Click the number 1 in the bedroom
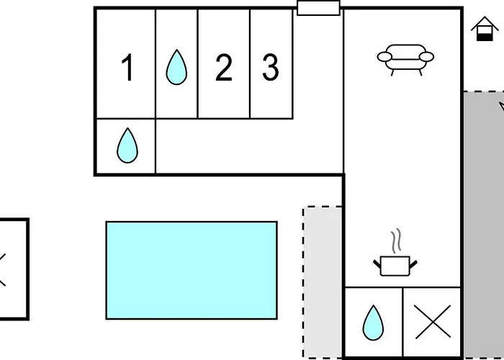tap(128, 68)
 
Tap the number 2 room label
tap(224, 68)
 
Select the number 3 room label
tap(271, 68)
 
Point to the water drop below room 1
tap(127, 145)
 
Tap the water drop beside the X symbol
tap(373, 323)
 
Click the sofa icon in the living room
tap(405, 60)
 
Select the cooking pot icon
tap(395, 266)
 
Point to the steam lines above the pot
tap(397, 240)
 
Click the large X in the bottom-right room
tap(432, 322)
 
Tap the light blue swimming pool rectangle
tap(192, 270)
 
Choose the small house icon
tap(485, 29)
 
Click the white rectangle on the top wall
tap(318, 8)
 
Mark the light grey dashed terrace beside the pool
tap(323, 282)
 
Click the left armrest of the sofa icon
tap(384, 57)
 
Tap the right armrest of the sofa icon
tap(426, 57)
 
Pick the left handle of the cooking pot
tap(377, 264)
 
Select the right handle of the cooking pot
tap(413, 264)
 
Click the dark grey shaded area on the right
tap(483, 225)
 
